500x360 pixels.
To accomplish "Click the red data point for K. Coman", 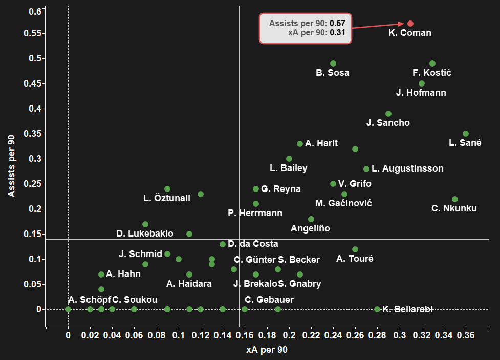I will pyautogui.click(x=410, y=24).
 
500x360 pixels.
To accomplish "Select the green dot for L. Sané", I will pyautogui.click(x=466, y=134).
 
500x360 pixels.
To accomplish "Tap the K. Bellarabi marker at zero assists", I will pyautogui.click(x=377, y=309).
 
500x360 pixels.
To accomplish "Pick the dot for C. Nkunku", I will pyautogui.click(x=454, y=199).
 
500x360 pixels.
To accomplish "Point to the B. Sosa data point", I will pyautogui.click(x=333, y=63).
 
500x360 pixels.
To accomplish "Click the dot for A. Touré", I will pyautogui.click(x=355, y=249).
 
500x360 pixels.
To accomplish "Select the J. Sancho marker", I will pyautogui.click(x=388, y=114).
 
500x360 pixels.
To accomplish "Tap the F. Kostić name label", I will pyautogui.click(x=431, y=73).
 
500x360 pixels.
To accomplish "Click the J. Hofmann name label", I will pyautogui.click(x=421, y=93).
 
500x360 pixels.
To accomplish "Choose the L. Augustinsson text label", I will pyautogui.click(x=407, y=168).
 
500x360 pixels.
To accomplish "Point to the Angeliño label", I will pyautogui.click(x=310, y=228).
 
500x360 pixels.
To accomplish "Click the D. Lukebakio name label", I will pyautogui.click(x=145, y=234).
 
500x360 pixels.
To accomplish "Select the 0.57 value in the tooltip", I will pyautogui.click(x=337, y=23).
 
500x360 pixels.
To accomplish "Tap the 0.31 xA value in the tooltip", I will pyautogui.click(x=337, y=33).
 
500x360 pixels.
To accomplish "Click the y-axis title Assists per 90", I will pyautogui.click(x=11, y=166).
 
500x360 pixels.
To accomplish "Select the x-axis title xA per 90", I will pyautogui.click(x=267, y=350).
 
